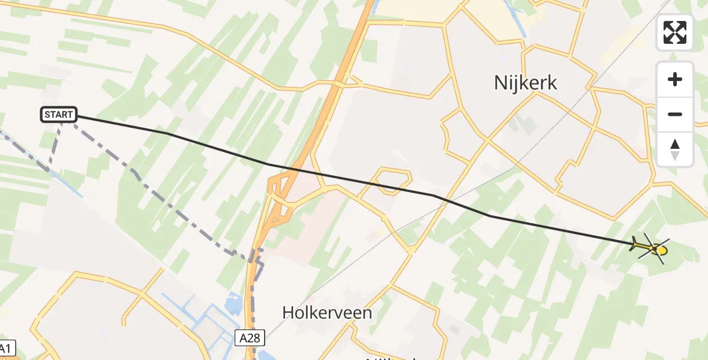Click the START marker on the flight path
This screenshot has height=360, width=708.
coord(59,114)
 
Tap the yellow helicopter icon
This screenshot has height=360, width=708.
coord(650,247)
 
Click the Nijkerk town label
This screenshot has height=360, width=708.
coord(526,83)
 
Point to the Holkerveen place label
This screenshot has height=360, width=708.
coord(327,313)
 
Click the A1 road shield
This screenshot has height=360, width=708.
coord(6,348)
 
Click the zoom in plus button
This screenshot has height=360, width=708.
coord(675,80)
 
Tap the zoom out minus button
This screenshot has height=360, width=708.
coord(675,114)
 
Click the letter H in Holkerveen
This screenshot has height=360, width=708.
coord(288,313)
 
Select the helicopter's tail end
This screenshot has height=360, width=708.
coord(634,243)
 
